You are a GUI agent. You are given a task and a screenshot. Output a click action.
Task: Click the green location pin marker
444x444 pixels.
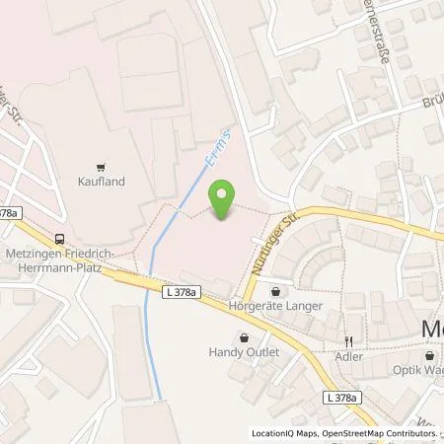(x=224, y=200)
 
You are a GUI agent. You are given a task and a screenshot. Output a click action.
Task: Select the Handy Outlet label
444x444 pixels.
(x=245, y=352)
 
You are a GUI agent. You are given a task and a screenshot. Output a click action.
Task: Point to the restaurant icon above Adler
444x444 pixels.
(x=348, y=340)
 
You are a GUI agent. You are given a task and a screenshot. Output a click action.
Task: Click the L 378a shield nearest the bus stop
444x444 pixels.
(x=10, y=213)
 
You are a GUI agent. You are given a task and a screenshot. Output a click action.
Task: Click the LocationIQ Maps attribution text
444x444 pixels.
(x=282, y=433)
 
